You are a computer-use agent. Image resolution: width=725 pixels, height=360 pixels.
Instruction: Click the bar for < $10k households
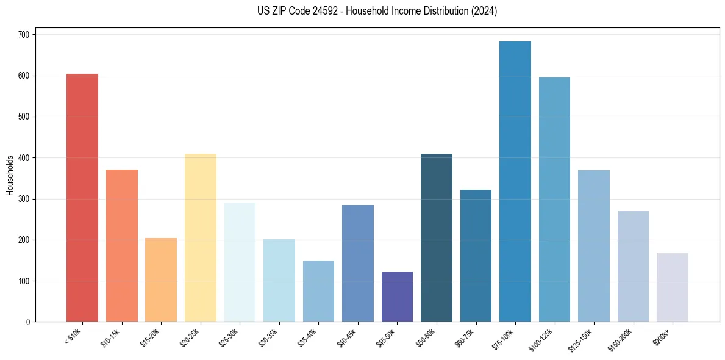pos(82,198)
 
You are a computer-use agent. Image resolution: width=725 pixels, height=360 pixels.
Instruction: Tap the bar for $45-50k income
pos(397,297)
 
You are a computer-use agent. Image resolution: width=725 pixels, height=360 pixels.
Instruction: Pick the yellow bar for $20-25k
pos(201,238)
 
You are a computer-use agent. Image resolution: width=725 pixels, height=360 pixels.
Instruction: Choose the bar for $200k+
pos(673,287)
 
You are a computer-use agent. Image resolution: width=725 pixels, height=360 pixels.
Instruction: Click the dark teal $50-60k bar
pos(437,238)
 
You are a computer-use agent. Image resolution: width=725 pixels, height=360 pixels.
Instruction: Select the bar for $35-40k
pos(318,291)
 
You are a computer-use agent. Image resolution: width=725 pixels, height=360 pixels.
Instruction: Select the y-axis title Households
pos(10,175)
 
